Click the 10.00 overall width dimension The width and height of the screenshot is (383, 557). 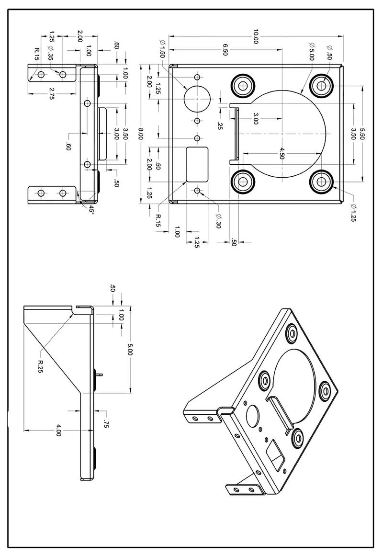(256, 37)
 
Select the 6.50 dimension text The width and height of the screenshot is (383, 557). (225, 50)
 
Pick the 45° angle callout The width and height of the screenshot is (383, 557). (91, 209)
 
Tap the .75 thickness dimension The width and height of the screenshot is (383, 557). (106, 423)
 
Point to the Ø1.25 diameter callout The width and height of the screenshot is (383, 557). (353, 213)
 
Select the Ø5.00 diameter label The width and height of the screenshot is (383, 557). (312, 50)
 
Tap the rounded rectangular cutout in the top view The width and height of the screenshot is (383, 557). (197, 164)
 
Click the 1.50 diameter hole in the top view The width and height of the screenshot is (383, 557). (197, 99)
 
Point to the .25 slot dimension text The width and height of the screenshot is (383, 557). (220, 125)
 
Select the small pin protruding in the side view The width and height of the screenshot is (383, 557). (99, 375)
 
